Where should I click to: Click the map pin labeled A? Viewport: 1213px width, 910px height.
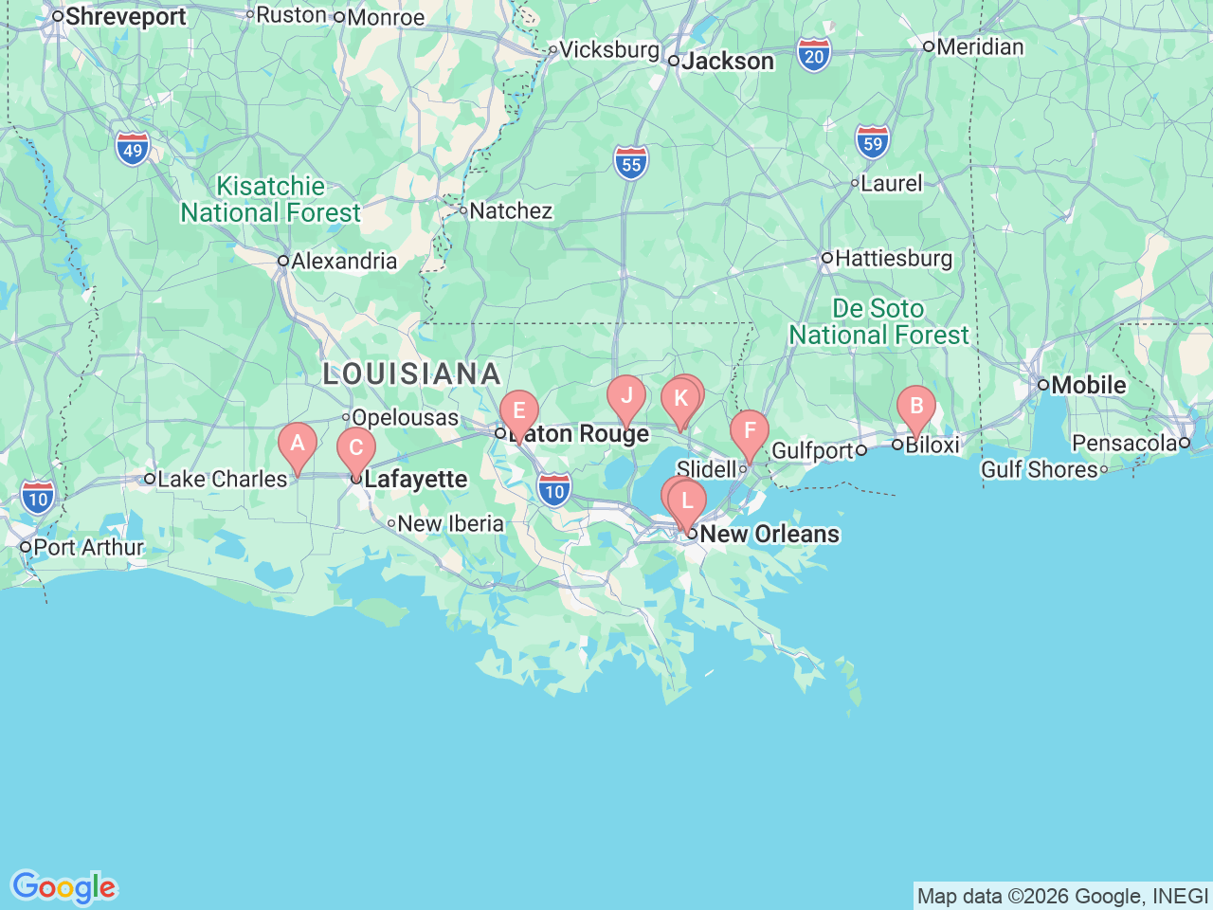point(298,444)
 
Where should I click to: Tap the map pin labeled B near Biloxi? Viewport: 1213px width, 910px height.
point(916,408)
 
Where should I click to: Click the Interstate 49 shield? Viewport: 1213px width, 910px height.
point(133,150)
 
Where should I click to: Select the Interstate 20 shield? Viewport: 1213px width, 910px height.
point(814,56)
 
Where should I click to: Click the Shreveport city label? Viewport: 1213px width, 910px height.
point(125,17)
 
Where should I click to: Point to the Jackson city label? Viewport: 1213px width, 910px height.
point(727,62)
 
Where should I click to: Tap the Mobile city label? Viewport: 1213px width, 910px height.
point(1088,385)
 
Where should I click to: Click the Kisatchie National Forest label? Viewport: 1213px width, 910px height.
point(271,199)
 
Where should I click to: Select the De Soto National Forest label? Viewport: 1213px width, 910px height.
point(878,322)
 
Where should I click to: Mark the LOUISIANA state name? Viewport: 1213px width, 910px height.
point(411,373)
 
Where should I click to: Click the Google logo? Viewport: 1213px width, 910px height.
point(63,887)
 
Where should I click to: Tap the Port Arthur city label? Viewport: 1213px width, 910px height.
point(88,548)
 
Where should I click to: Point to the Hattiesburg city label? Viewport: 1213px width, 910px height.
point(893,258)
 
